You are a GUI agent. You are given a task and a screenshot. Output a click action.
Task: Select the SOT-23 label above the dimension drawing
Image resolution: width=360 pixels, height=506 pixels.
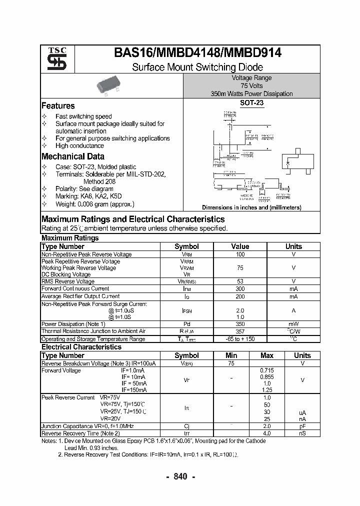click(251, 103)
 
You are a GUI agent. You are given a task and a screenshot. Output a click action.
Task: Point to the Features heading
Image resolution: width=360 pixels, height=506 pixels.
click(58, 106)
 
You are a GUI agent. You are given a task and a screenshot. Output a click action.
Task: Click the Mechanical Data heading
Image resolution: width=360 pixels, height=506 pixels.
click(73, 156)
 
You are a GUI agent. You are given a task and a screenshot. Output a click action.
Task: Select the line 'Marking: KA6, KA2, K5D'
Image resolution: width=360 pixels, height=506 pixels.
click(88, 196)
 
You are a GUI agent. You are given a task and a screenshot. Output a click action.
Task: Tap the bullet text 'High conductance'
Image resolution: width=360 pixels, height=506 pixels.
click(79, 146)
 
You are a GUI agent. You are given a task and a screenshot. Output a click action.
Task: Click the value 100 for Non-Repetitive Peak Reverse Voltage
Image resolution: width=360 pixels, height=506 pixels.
click(240, 254)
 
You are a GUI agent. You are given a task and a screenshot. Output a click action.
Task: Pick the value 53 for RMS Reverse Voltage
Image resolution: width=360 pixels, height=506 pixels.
click(240, 281)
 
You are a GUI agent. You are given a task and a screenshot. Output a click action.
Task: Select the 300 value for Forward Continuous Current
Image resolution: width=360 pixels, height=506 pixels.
click(240, 288)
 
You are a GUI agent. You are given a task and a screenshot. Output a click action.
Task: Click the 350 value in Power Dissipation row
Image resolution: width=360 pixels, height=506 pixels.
click(240, 323)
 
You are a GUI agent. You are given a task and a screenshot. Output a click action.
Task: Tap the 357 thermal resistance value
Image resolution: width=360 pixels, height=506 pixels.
click(240, 331)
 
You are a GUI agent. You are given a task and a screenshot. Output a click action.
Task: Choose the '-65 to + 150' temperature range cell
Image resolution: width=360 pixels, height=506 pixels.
click(240, 339)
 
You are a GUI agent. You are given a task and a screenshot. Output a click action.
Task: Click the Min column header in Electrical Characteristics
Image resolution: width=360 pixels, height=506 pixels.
click(231, 355)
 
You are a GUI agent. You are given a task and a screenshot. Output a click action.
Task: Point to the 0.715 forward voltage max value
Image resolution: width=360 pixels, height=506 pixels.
click(267, 370)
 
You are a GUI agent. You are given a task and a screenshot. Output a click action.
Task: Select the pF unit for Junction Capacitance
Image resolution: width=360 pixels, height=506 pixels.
click(302, 426)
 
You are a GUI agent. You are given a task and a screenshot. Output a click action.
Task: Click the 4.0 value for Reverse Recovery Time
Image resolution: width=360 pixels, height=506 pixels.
click(267, 433)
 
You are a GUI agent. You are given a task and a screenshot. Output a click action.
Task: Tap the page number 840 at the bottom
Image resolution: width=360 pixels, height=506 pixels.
click(180, 476)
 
